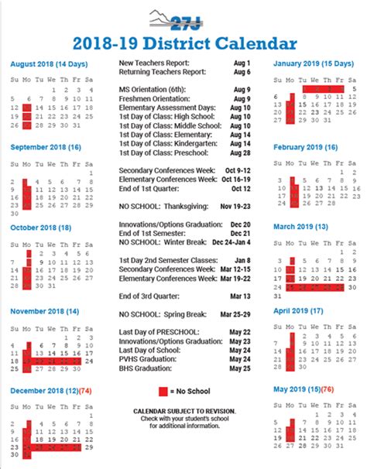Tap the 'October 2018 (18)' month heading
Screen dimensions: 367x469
(x=43, y=226)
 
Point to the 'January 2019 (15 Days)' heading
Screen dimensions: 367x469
(x=315, y=64)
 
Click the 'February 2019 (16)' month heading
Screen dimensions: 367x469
(x=306, y=146)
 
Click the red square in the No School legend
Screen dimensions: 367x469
(x=163, y=391)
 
